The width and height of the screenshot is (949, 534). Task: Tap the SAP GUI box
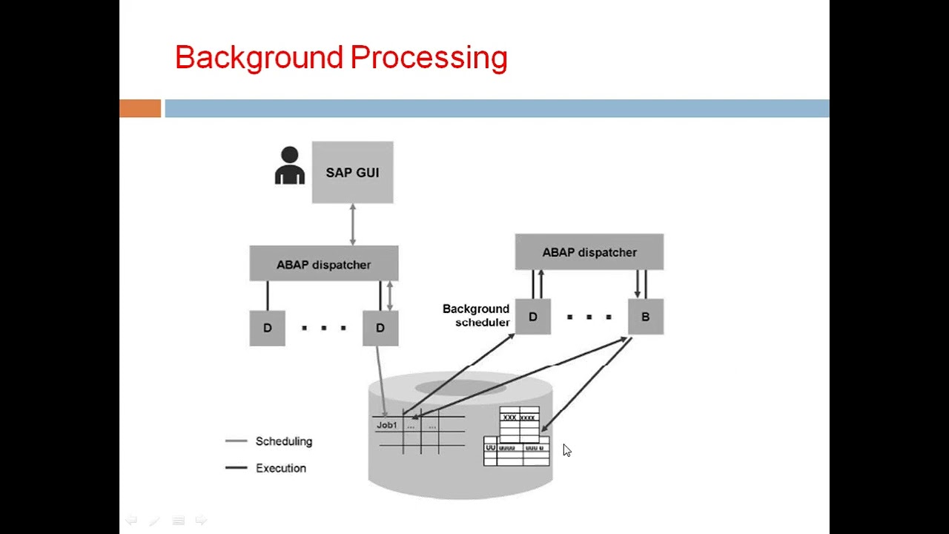(352, 172)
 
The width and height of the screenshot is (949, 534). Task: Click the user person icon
(289, 165)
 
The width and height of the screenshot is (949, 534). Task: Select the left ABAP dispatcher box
(323, 264)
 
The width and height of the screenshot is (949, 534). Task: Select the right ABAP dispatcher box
(589, 252)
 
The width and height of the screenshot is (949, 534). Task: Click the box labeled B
(645, 317)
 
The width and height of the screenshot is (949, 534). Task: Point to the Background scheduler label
(476, 315)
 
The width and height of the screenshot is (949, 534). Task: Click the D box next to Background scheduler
(532, 317)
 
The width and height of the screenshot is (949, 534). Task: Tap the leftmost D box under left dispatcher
(267, 328)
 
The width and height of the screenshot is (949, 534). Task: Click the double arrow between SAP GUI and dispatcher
(352, 224)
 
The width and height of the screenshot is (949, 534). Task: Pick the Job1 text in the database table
(386, 425)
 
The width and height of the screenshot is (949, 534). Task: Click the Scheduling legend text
(283, 441)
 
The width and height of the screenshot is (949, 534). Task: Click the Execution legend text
(280, 468)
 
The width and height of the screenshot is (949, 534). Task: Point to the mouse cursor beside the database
(566, 450)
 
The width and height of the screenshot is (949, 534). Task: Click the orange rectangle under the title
(140, 108)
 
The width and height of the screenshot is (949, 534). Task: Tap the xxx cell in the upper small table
(509, 418)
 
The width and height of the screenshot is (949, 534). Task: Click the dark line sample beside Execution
(236, 468)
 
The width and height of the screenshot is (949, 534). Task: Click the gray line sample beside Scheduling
(236, 441)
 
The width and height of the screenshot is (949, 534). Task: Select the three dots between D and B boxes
(589, 317)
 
